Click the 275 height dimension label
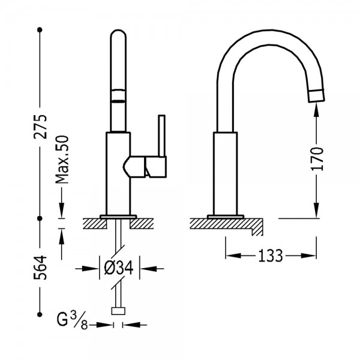click(40, 127)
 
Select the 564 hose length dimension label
click(40, 268)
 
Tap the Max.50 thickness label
click(62, 160)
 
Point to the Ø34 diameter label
click(118, 268)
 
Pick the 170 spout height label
click(317, 159)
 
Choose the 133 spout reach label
click(271, 256)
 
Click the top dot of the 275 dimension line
click(40, 29)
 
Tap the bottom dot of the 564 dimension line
click(40, 314)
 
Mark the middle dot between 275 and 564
click(40, 218)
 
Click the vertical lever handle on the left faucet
click(162, 136)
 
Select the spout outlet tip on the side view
click(316, 95)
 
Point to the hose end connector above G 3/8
click(118, 311)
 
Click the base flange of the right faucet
click(226, 217)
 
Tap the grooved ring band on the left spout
click(118, 95)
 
